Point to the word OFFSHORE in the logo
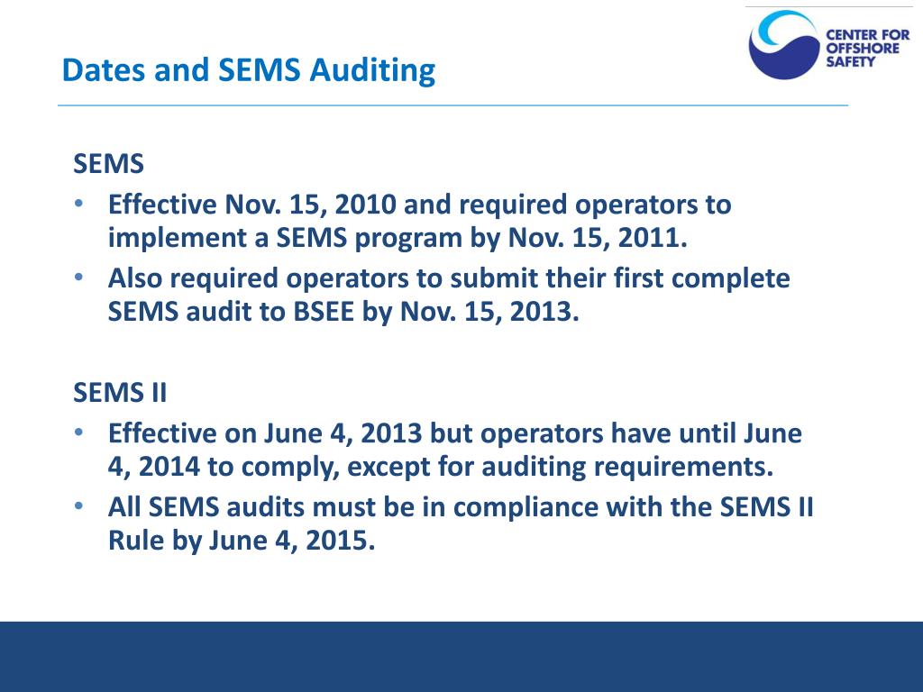pyautogui.click(x=863, y=49)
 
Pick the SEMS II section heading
pyautogui.click(x=120, y=394)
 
